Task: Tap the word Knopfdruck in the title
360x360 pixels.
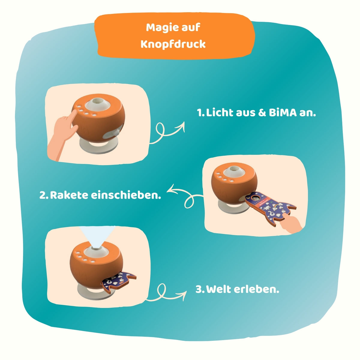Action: click(173, 44)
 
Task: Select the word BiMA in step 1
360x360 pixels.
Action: click(283, 113)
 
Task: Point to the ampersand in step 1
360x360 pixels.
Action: click(262, 113)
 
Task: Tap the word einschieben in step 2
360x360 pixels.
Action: click(126, 195)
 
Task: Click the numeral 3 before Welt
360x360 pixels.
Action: click(199, 289)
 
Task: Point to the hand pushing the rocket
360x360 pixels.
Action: click(291, 223)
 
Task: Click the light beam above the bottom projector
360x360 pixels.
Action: click(97, 236)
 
